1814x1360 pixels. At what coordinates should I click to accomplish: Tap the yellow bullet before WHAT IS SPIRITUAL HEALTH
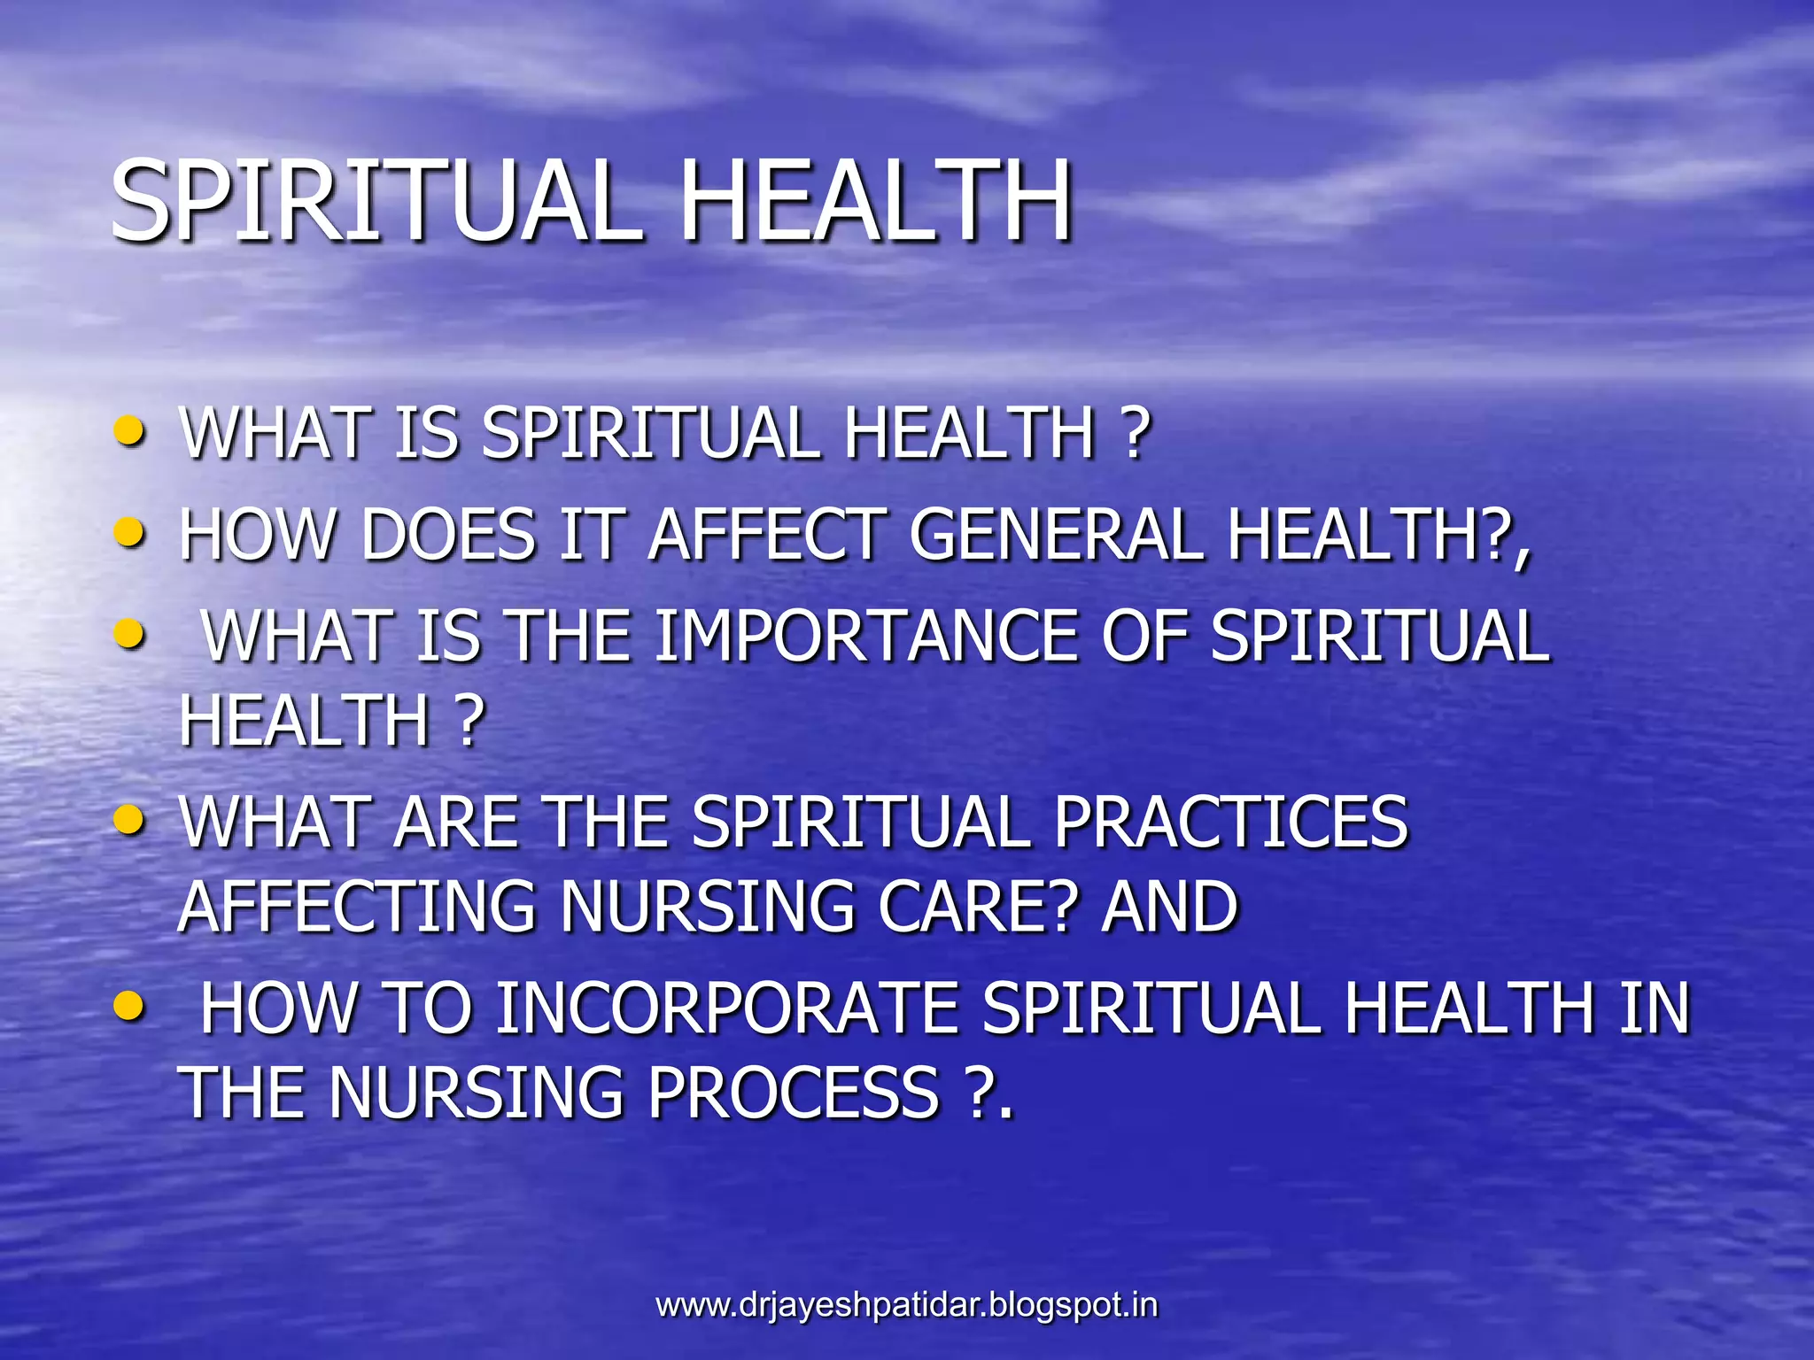pyautogui.click(x=129, y=432)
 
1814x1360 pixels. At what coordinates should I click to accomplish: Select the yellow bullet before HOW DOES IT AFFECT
pyautogui.click(x=129, y=533)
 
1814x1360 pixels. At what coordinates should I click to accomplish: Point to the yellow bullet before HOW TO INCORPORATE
pyautogui.click(x=129, y=1007)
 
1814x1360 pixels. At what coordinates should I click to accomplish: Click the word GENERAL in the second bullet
pyautogui.click(x=1056, y=535)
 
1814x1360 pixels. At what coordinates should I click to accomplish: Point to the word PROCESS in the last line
pyautogui.click(x=793, y=1092)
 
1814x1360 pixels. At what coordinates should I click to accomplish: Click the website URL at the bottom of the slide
pyautogui.click(x=906, y=1304)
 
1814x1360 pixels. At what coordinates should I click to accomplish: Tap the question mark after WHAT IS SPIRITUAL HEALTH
pyautogui.click(x=1135, y=434)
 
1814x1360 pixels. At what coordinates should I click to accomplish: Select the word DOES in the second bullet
pyautogui.click(x=448, y=535)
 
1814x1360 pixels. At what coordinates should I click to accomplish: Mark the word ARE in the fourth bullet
pyautogui.click(x=456, y=822)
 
